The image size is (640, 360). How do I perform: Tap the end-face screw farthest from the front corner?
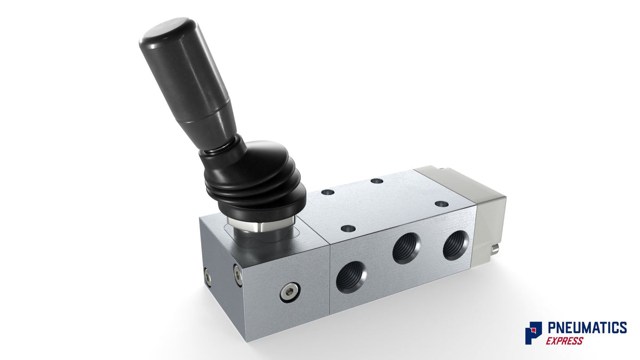click(207, 276)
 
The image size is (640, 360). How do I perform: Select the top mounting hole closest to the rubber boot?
click(328, 191)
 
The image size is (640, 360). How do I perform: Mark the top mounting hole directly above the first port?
click(348, 228)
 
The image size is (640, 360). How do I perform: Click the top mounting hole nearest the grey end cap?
click(441, 203)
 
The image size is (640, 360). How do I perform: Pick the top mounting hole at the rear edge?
click(377, 181)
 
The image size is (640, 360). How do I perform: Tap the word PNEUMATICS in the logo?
click(587, 327)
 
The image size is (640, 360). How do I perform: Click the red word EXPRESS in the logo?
click(564, 341)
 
